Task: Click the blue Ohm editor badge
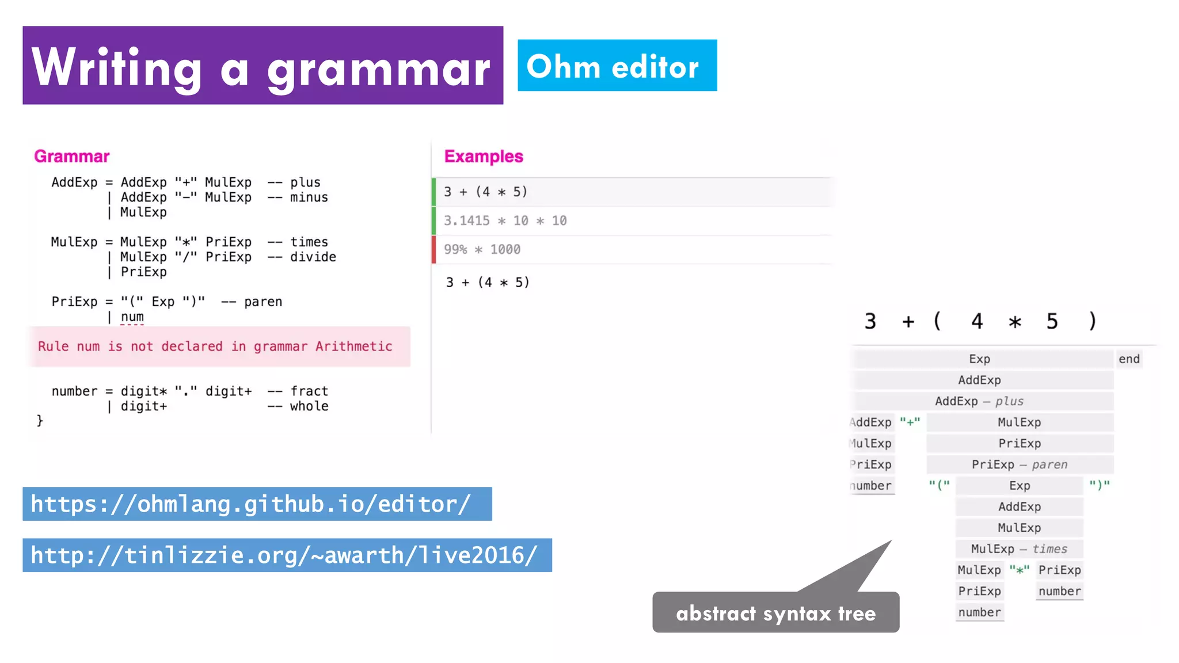(617, 66)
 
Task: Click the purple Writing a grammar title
(263, 66)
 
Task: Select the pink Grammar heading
(71, 157)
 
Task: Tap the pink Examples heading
(484, 157)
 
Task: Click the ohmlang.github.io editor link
(257, 504)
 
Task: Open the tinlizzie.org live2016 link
(287, 555)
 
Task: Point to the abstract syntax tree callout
(775, 613)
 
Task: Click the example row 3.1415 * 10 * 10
(505, 221)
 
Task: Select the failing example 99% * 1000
(482, 250)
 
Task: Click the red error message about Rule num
(215, 346)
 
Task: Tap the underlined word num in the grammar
(132, 317)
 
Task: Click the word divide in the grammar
(313, 257)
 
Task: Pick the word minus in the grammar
(309, 197)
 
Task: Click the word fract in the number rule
(309, 391)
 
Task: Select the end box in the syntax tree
(1128, 359)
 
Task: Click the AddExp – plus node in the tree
(979, 401)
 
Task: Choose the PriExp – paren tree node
(1019, 464)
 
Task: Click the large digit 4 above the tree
(976, 321)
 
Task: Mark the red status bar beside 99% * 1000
(433, 250)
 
